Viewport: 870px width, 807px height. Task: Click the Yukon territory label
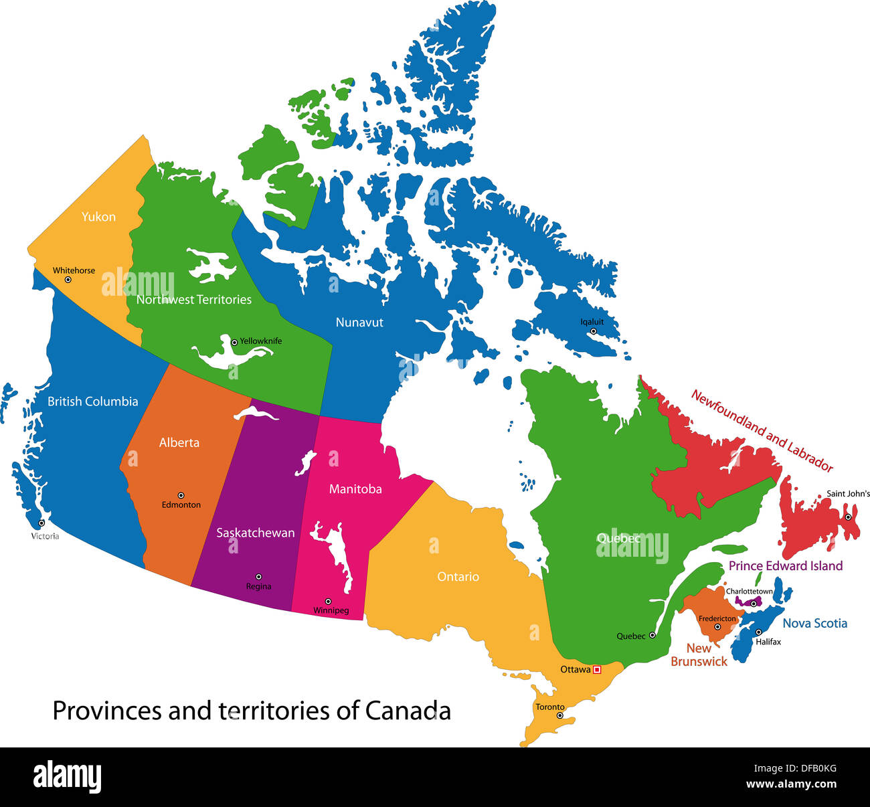pyautogui.click(x=98, y=217)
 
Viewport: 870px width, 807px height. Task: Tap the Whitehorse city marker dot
pyautogui.click(x=68, y=280)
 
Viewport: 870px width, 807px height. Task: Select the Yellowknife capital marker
pyautogui.click(x=234, y=342)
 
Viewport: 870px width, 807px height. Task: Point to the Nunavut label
pyautogui.click(x=359, y=323)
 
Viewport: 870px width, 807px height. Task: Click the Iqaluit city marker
pyautogui.click(x=593, y=331)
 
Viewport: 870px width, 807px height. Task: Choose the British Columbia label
pyautogui.click(x=92, y=401)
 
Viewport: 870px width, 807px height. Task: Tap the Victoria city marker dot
pyautogui.click(x=41, y=523)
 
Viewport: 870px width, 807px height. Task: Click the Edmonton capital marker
pyautogui.click(x=181, y=495)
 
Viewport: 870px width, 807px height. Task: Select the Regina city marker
pyautogui.click(x=258, y=577)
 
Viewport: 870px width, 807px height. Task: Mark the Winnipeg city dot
pyautogui.click(x=328, y=602)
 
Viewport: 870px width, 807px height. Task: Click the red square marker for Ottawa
pyautogui.click(x=597, y=669)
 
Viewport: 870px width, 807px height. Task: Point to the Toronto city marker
pyautogui.click(x=560, y=715)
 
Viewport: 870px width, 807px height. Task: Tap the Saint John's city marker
pyautogui.click(x=848, y=517)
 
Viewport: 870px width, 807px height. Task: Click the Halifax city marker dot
pyautogui.click(x=758, y=632)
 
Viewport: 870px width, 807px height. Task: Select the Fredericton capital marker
pyautogui.click(x=717, y=627)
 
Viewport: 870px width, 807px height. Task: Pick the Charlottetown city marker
pyautogui.click(x=754, y=604)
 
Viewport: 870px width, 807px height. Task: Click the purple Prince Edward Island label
pyautogui.click(x=785, y=566)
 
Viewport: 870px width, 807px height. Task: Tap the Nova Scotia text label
pyautogui.click(x=814, y=624)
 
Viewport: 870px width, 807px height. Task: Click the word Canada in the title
pyautogui.click(x=408, y=711)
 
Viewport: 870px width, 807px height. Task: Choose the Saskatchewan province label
pyautogui.click(x=255, y=533)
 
